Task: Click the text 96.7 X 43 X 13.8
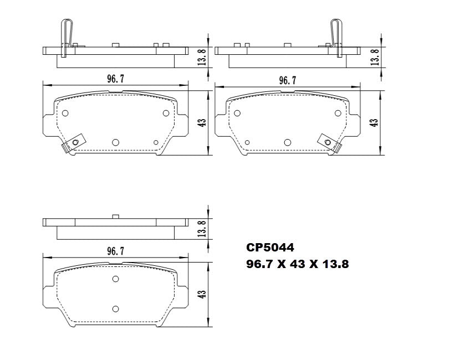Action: click(297, 265)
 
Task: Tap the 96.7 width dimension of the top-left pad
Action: click(115, 79)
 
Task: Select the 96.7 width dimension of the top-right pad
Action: click(287, 80)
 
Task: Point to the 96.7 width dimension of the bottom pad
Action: click(115, 251)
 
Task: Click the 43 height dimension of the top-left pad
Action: click(202, 121)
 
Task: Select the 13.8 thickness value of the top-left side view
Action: click(202, 56)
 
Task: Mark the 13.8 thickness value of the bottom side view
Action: click(202, 228)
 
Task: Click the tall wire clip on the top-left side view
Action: click(65, 37)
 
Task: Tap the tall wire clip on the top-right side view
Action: click(336, 37)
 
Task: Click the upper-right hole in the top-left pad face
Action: click(165, 113)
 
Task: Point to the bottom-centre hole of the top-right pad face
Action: click(287, 142)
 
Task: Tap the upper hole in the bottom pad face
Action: click(115, 279)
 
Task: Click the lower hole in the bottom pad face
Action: click(115, 308)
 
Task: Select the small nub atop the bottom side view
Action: click(115, 216)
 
